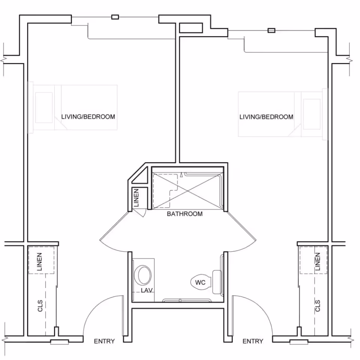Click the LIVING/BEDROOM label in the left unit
(88, 117)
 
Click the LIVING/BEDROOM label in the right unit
(266, 117)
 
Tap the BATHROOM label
(184, 214)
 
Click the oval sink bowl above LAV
(143, 275)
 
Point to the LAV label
(145, 291)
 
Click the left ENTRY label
(104, 341)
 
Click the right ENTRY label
(253, 341)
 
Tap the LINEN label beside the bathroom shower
(136, 198)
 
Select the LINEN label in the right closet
(318, 262)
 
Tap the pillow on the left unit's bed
(44, 108)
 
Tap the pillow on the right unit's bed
(312, 114)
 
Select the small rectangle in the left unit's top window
(115, 17)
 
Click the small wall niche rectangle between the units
(191, 28)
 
